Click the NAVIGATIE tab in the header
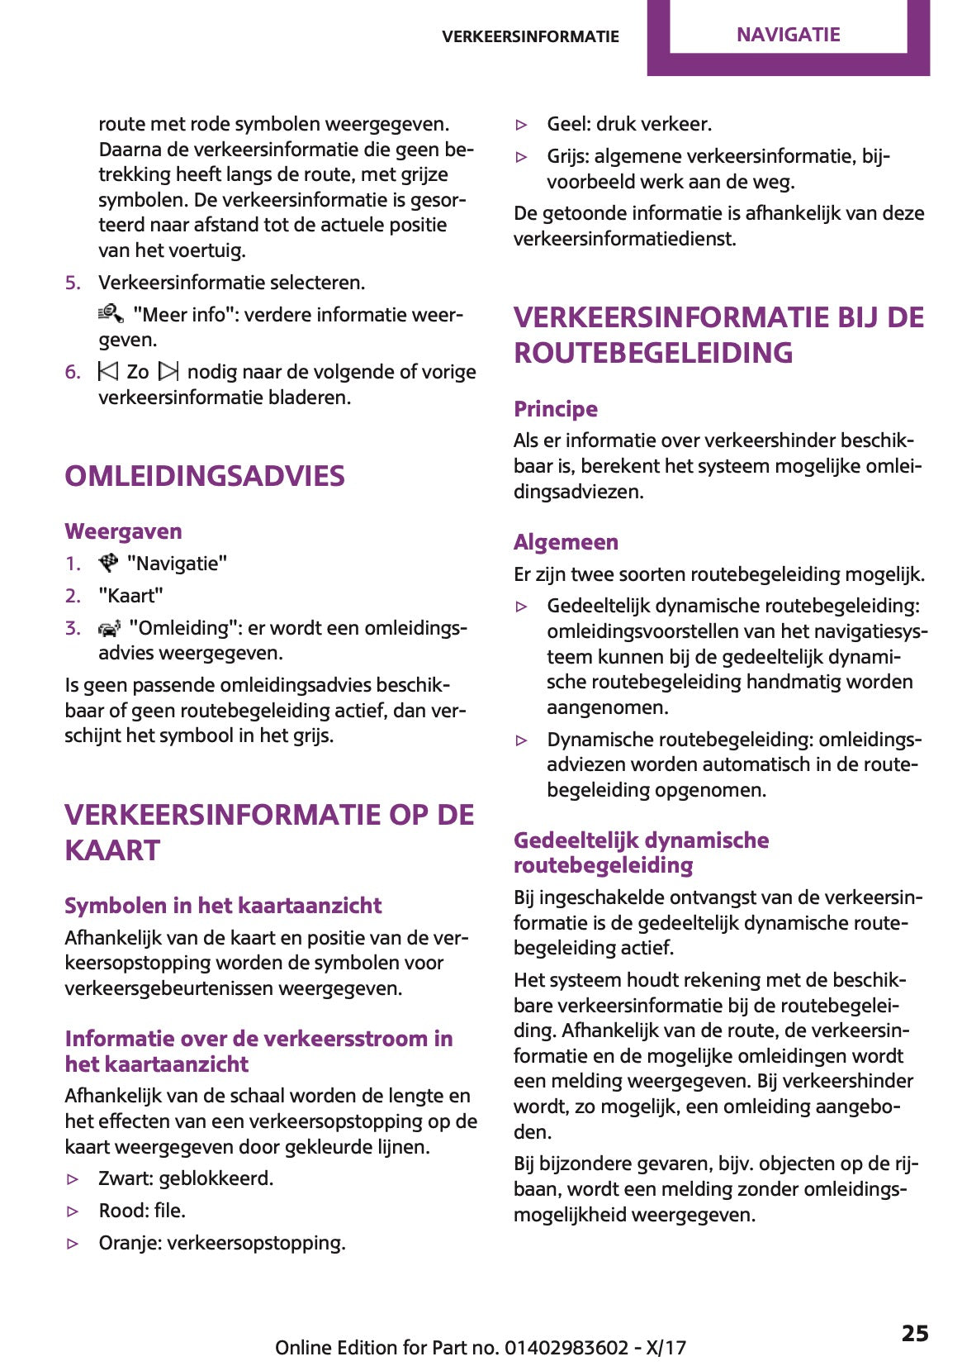[788, 35]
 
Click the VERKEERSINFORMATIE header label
[530, 36]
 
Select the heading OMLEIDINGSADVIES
[205, 476]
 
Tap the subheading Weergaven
[123, 531]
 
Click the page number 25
[914, 1333]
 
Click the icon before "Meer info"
[111, 314]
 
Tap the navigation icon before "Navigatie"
[109, 563]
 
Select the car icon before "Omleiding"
[109, 628]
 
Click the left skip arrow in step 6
[108, 371]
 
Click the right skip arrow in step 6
[168, 371]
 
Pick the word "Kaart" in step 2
[130, 596]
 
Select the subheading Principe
[555, 409]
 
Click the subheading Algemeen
[566, 542]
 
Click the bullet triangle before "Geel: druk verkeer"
[521, 125]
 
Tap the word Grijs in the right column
[567, 156]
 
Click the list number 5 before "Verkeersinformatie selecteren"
[73, 283]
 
